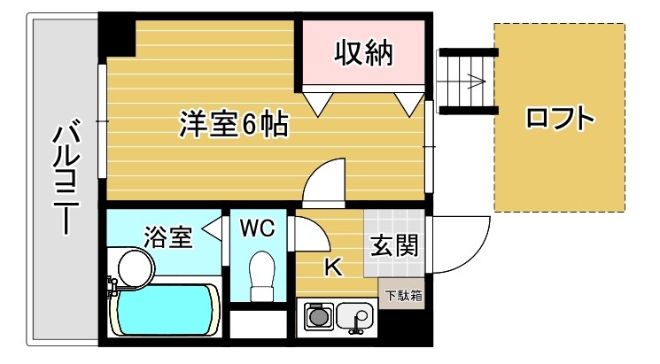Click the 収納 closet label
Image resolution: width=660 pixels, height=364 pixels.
[363, 55]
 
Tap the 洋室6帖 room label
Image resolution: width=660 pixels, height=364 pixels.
[234, 124]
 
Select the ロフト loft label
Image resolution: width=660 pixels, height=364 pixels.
[557, 119]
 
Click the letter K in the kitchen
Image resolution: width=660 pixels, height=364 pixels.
[334, 267]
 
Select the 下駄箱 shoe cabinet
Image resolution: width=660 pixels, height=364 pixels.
[403, 293]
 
